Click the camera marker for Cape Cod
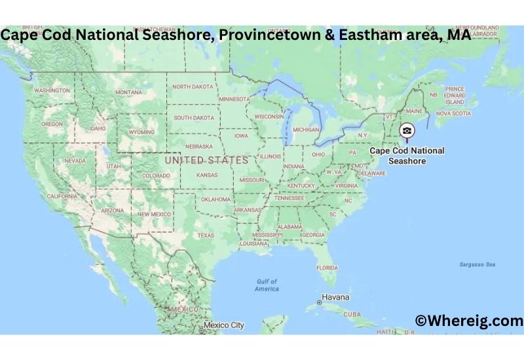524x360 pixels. (407, 131)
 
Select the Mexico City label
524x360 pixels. (223, 325)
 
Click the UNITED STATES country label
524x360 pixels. (206, 160)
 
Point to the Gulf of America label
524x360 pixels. (267, 285)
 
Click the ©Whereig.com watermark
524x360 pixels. (469, 321)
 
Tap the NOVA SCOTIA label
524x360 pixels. (453, 113)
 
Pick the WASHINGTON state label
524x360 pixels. (52, 90)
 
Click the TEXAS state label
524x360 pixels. (206, 236)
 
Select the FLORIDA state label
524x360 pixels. (327, 267)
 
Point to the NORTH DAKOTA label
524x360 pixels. (193, 86)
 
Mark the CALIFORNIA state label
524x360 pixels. (62, 196)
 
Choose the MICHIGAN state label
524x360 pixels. (306, 130)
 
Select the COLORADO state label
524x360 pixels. (156, 175)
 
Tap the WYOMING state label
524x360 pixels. (141, 132)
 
